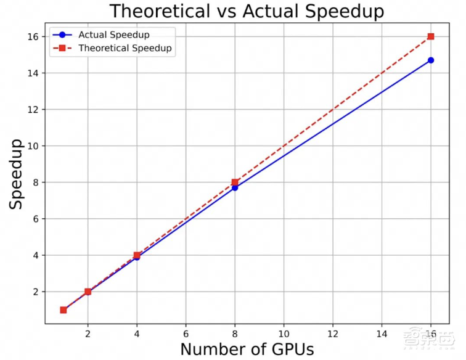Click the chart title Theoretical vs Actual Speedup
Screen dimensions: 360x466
point(246,11)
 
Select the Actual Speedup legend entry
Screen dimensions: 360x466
point(113,35)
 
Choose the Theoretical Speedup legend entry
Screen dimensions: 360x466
point(125,48)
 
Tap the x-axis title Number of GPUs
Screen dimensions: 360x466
point(247,349)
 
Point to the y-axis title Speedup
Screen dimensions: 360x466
point(17,174)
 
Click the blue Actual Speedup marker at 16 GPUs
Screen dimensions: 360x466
point(431,60)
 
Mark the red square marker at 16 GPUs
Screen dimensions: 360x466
point(431,36)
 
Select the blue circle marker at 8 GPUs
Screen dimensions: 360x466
point(235,187)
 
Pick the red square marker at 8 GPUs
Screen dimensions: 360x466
point(235,182)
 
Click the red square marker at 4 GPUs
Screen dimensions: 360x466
point(137,255)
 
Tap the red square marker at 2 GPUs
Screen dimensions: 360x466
point(88,292)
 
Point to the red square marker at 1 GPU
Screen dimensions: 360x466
point(63,310)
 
